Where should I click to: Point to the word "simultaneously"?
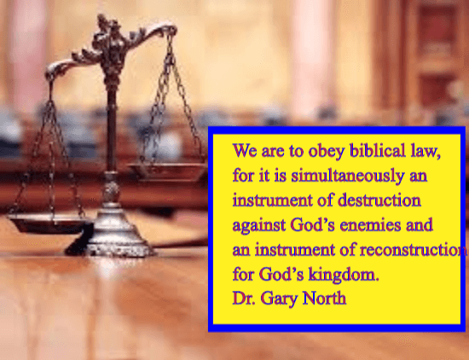[348, 176]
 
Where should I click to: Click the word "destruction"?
[379, 200]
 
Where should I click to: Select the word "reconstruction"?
[413, 250]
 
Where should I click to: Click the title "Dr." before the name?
[244, 299]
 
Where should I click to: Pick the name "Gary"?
[279, 299]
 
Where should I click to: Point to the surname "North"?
[324, 298]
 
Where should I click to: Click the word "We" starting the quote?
[245, 150]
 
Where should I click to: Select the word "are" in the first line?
[273, 152]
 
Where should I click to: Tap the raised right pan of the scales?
[167, 171]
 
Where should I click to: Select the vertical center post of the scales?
[112, 125]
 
